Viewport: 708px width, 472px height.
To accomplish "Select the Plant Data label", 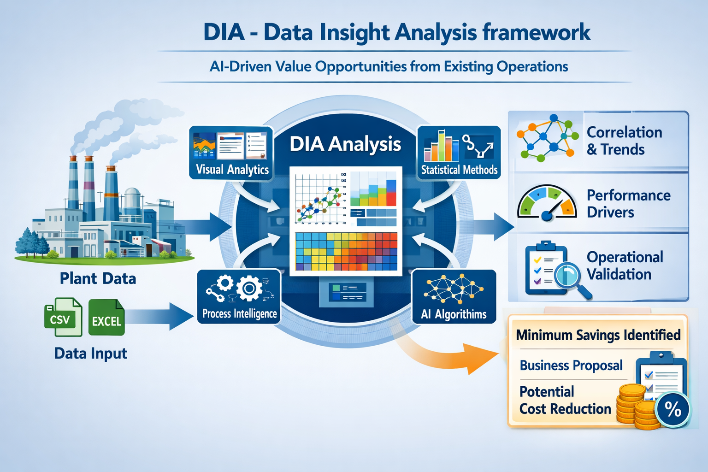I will click(x=98, y=278).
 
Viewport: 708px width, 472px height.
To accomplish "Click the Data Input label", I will click(x=90, y=354).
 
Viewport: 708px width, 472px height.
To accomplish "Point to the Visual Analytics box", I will click(x=231, y=153).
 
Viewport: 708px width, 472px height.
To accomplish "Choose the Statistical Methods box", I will click(x=459, y=153).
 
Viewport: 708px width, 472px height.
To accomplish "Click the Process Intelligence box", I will click(x=239, y=296).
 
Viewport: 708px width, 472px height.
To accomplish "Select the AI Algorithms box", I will click(x=454, y=296).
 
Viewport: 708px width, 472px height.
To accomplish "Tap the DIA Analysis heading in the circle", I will click(x=345, y=144).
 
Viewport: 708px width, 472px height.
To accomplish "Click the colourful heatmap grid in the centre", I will click(x=346, y=251).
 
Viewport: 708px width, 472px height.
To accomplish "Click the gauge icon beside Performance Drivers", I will click(x=547, y=203).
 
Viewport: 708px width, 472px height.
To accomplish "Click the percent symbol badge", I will click(x=673, y=409).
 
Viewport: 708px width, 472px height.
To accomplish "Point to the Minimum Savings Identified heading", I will click(x=598, y=335).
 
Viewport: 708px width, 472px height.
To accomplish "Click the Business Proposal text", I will click(x=571, y=366).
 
